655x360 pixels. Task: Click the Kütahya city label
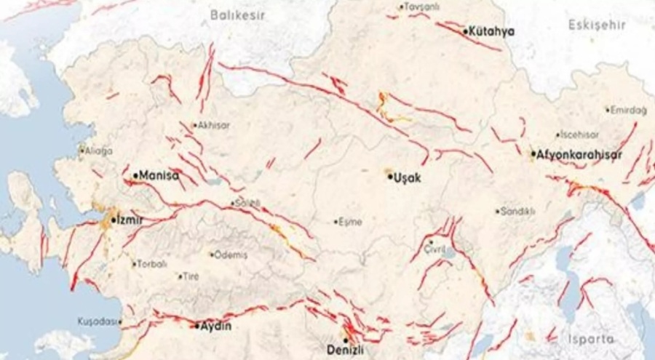coord(493,31)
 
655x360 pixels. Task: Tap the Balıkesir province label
coord(235,14)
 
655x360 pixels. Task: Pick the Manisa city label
coord(158,175)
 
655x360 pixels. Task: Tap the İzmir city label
coord(130,219)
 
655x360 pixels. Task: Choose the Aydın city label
coord(216,326)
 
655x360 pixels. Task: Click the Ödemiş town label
coord(231,255)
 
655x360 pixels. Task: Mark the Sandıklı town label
coord(519,212)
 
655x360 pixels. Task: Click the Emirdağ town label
coord(629,110)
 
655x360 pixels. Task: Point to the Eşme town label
coord(350,222)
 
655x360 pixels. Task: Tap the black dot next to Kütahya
coord(466,32)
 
